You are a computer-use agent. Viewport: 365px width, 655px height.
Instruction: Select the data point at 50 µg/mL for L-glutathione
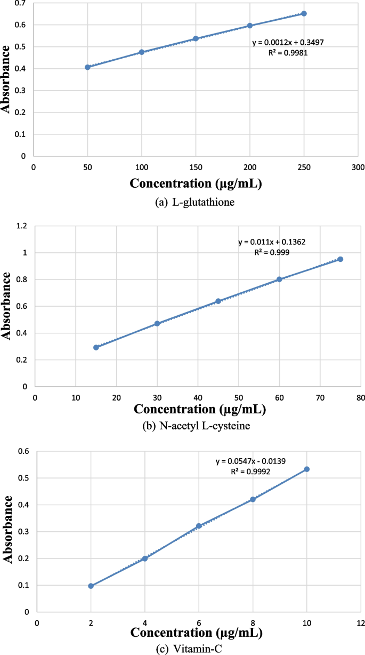point(87,67)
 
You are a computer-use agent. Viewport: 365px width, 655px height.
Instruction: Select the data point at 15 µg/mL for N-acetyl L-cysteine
point(96,347)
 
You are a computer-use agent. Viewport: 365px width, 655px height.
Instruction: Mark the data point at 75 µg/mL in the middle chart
point(340,259)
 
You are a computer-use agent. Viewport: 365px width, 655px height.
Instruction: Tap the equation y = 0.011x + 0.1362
point(272,242)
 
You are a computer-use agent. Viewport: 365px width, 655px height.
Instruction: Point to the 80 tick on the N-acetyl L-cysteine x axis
point(361,397)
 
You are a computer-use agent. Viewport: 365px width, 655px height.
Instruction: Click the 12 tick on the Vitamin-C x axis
point(361,623)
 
